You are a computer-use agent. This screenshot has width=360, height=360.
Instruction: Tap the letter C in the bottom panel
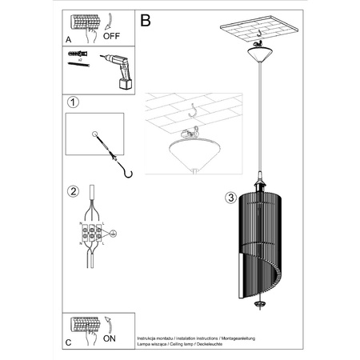click(x=67, y=342)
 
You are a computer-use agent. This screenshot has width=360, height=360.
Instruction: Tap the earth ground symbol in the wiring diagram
click(x=113, y=234)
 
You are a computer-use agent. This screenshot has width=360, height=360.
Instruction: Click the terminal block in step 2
click(x=93, y=234)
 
